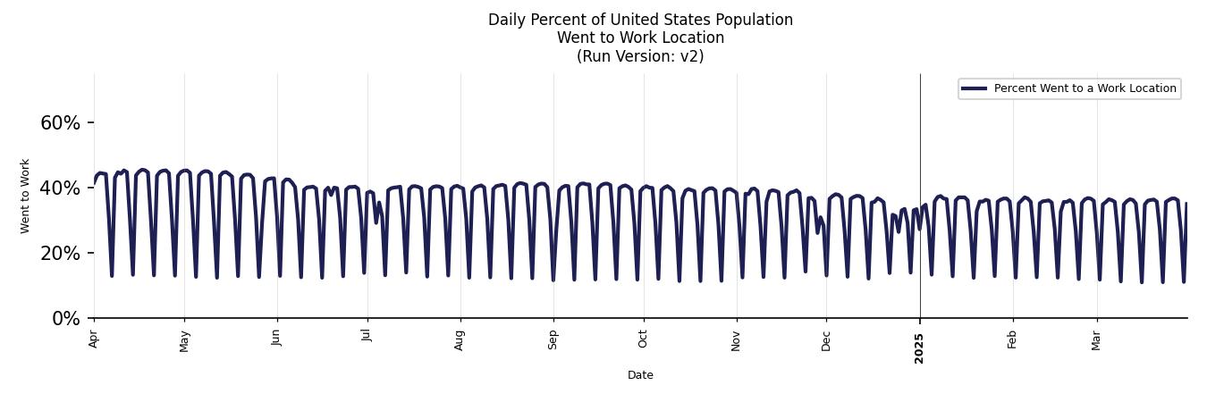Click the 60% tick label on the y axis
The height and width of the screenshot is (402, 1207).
(60, 123)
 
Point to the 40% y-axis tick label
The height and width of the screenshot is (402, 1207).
(60, 188)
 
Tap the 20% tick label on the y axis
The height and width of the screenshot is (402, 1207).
(60, 254)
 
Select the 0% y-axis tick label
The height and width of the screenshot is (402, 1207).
(66, 319)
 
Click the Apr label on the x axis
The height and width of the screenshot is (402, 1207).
(94, 339)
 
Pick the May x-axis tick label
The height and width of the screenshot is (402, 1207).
(185, 340)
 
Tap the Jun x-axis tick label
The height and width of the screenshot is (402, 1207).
(277, 338)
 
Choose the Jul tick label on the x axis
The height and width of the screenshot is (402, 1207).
(367, 337)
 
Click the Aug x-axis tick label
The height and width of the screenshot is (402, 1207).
(460, 340)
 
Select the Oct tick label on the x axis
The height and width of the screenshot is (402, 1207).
(643, 339)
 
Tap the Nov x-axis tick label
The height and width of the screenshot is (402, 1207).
(737, 340)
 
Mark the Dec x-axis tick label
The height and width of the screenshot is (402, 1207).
(826, 340)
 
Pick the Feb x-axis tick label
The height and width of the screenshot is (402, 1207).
(1013, 339)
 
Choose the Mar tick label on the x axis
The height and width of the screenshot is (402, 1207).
(1097, 339)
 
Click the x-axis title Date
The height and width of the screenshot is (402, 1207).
(640, 375)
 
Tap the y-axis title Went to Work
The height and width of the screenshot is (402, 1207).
(25, 196)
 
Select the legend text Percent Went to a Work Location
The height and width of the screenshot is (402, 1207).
(1085, 88)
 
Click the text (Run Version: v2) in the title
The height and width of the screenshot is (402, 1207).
(640, 56)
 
